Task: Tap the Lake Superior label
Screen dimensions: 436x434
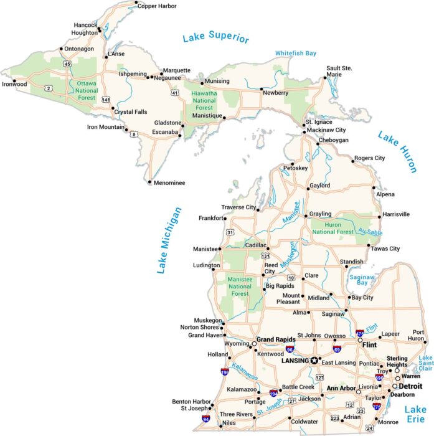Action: click(215, 37)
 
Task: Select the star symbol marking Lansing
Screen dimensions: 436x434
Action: click(315, 360)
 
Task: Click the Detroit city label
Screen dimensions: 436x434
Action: click(410, 386)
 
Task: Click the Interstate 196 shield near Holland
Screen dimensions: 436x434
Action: click(225, 372)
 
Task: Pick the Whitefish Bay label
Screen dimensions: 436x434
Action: click(296, 54)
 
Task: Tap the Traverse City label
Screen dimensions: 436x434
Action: click(238, 207)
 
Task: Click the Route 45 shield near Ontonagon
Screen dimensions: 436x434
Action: click(67, 64)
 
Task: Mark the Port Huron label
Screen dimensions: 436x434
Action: click(418, 336)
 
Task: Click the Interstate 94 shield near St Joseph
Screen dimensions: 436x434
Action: click(206, 419)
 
